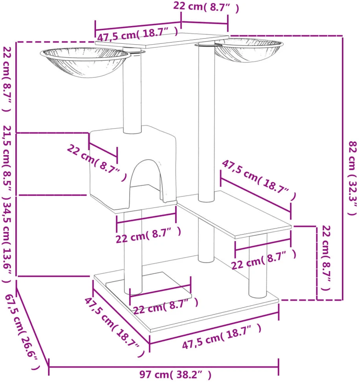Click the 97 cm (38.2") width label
click(175, 374)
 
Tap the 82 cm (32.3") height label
click(352, 178)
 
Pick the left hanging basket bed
click(85, 63)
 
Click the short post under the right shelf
click(258, 266)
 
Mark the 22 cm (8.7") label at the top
click(206, 7)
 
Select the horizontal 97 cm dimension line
click(164, 366)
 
